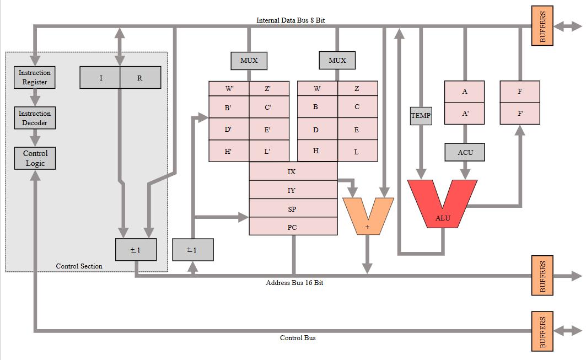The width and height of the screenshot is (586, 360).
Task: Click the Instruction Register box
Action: point(35,77)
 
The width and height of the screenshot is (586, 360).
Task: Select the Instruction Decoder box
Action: point(35,118)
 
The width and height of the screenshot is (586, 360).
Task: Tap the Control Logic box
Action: point(35,158)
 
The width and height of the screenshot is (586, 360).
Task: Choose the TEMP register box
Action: point(421,116)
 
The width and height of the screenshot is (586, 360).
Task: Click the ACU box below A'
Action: point(465,152)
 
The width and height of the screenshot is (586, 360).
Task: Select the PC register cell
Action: point(293,227)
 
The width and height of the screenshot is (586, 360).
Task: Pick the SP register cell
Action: point(293,209)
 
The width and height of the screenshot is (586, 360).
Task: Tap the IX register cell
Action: point(293,171)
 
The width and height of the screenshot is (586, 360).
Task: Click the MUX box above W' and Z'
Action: point(249,60)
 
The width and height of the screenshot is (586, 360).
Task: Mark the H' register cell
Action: point(228,151)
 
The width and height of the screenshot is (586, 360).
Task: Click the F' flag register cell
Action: point(520,113)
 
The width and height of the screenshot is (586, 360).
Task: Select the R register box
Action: point(140,78)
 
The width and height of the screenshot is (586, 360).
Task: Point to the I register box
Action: point(100,78)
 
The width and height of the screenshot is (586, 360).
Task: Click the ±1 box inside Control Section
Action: point(136,250)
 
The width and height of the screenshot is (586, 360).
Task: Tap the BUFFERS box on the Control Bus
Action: point(542,330)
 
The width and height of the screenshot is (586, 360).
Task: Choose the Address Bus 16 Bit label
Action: point(294,283)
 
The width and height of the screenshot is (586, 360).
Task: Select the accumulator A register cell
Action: point(465,92)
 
